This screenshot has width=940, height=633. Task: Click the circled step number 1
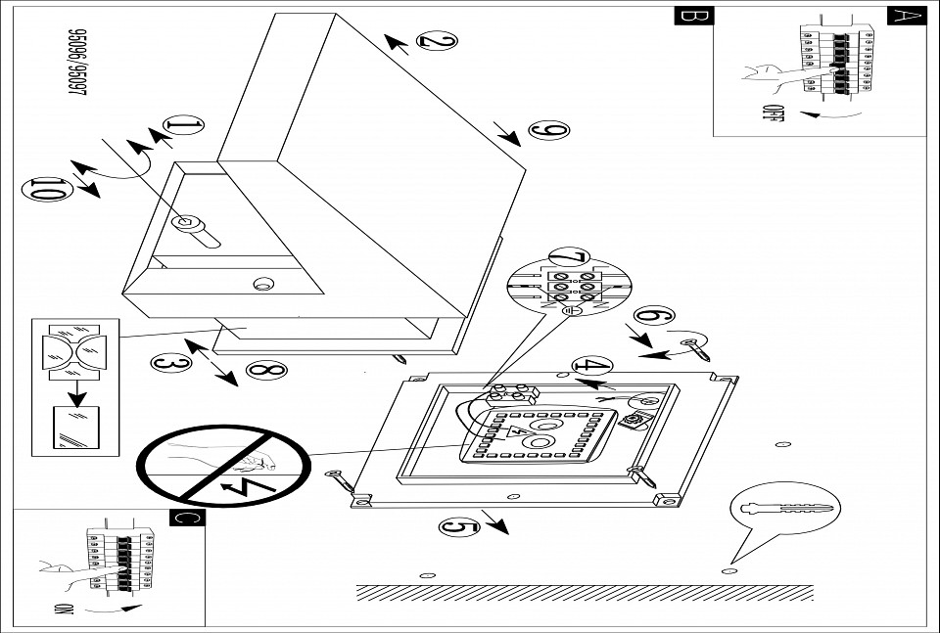click(x=184, y=126)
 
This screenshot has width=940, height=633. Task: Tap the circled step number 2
click(x=437, y=40)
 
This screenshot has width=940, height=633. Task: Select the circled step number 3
click(x=169, y=363)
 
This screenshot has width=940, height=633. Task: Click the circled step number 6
click(x=653, y=316)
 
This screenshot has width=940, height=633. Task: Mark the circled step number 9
click(x=548, y=130)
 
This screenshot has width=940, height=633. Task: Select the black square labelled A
click(x=906, y=16)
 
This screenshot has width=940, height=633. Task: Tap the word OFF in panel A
click(x=774, y=115)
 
